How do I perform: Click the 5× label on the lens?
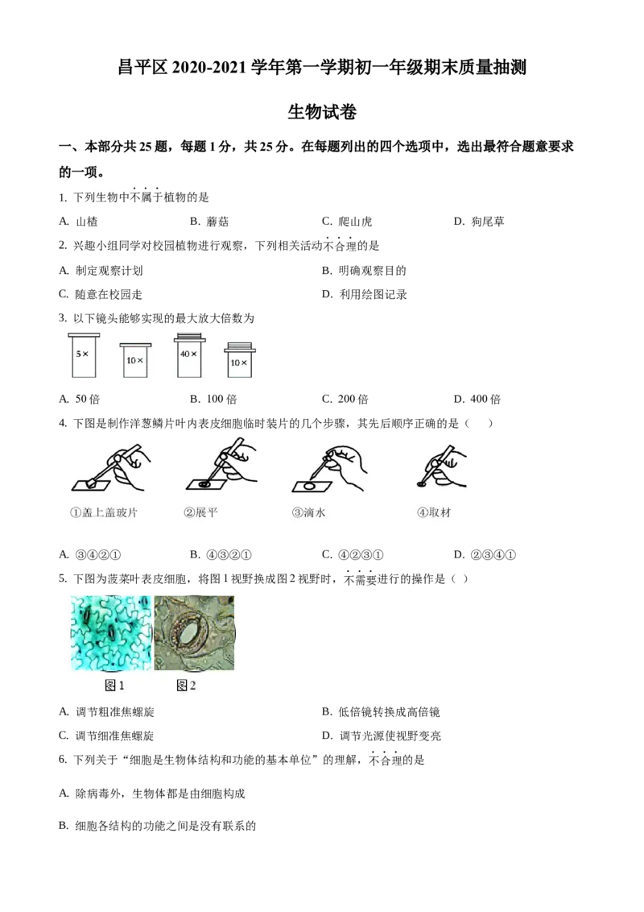click(81, 354)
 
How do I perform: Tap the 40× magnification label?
click(188, 354)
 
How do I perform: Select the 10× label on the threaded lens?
click(239, 363)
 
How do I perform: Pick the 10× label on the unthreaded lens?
click(134, 360)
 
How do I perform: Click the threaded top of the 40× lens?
click(189, 334)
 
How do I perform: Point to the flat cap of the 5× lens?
click(83, 334)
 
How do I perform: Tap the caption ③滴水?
click(308, 512)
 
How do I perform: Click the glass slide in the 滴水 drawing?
click(310, 486)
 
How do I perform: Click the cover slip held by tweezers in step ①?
click(94, 483)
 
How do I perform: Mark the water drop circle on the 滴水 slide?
click(309, 486)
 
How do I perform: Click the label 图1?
click(115, 686)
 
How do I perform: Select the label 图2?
click(186, 686)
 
